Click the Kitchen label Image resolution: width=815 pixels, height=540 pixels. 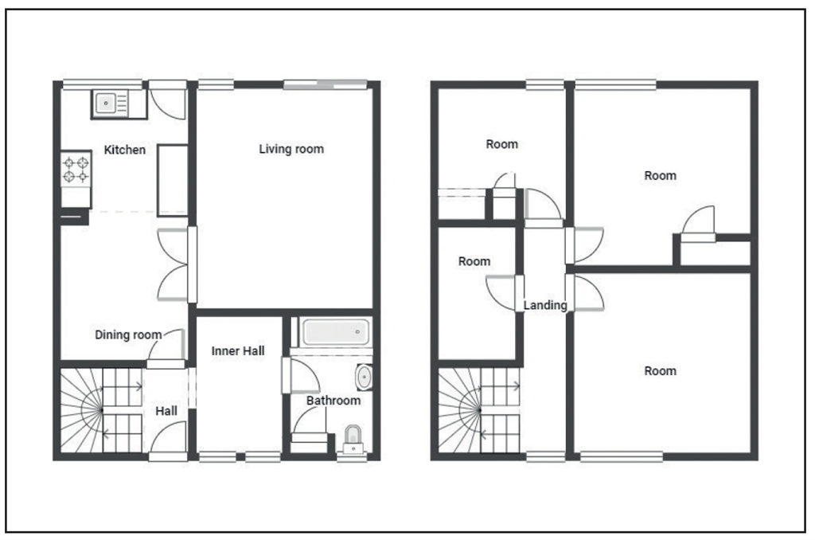click(125, 150)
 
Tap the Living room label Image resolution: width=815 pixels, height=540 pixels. click(291, 149)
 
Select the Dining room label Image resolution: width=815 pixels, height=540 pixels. click(128, 335)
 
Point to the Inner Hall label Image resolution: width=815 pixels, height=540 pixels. click(238, 350)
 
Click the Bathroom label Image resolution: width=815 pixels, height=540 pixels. click(333, 401)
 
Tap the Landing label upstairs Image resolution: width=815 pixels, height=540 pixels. click(545, 305)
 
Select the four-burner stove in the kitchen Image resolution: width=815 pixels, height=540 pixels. click(76, 170)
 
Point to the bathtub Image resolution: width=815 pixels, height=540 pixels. click(336, 331)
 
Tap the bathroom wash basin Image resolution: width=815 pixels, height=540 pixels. click(364, 377)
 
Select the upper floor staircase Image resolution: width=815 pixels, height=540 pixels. click(478, 411)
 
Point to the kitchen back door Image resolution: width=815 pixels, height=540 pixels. click(169, 100)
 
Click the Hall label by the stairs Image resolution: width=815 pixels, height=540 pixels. click(166, 411)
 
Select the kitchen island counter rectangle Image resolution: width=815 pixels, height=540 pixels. click(172, 180)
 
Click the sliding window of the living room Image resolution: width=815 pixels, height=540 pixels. click(326, 82)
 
